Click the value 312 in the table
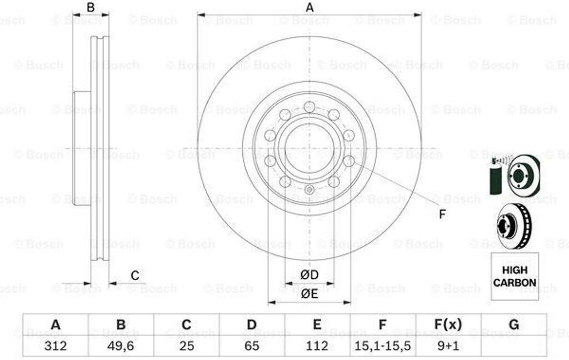point(55,346)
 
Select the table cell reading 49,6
point(121,346)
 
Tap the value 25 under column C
point(187,346)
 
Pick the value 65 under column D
point(252,346)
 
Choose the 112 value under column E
point(317,346)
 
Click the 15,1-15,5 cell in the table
point(382,346)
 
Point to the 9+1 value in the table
point(448,346)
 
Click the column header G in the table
point(514,324)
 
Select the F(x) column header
point(448,324)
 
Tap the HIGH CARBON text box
point(515,276)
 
